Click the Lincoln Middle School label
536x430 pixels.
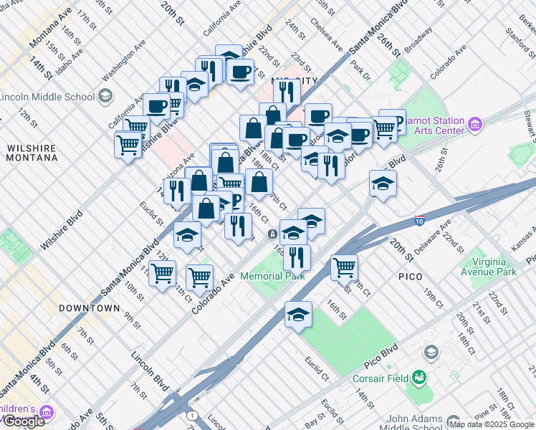tap(47, 97)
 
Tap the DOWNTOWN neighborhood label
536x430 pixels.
tap(89, 308)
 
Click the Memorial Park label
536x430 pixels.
tap(272, 276)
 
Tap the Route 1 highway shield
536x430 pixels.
tap(191, 416)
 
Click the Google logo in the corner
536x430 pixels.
tap(24, 421)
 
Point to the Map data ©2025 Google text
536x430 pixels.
tap(492, 424)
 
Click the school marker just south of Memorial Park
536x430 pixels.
tap(298, 315)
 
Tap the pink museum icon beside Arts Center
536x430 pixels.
tap(474, 126)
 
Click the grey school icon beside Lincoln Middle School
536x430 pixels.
tap(105, 96)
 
